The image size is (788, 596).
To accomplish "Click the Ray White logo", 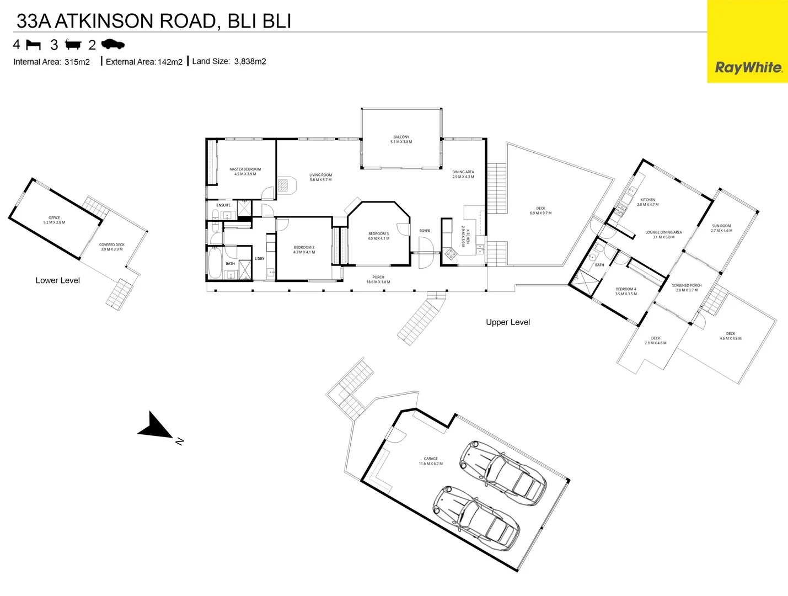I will [x=748, y=67].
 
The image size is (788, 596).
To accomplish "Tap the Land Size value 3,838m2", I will [x=250, y=61].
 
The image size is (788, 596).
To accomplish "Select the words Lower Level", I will [x=57, y=280].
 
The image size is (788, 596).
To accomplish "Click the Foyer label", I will [x=425, y=231].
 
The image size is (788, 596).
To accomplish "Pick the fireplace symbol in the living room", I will [x=283, y=184].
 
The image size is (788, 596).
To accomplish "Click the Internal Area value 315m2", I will [x=77, y=62].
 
